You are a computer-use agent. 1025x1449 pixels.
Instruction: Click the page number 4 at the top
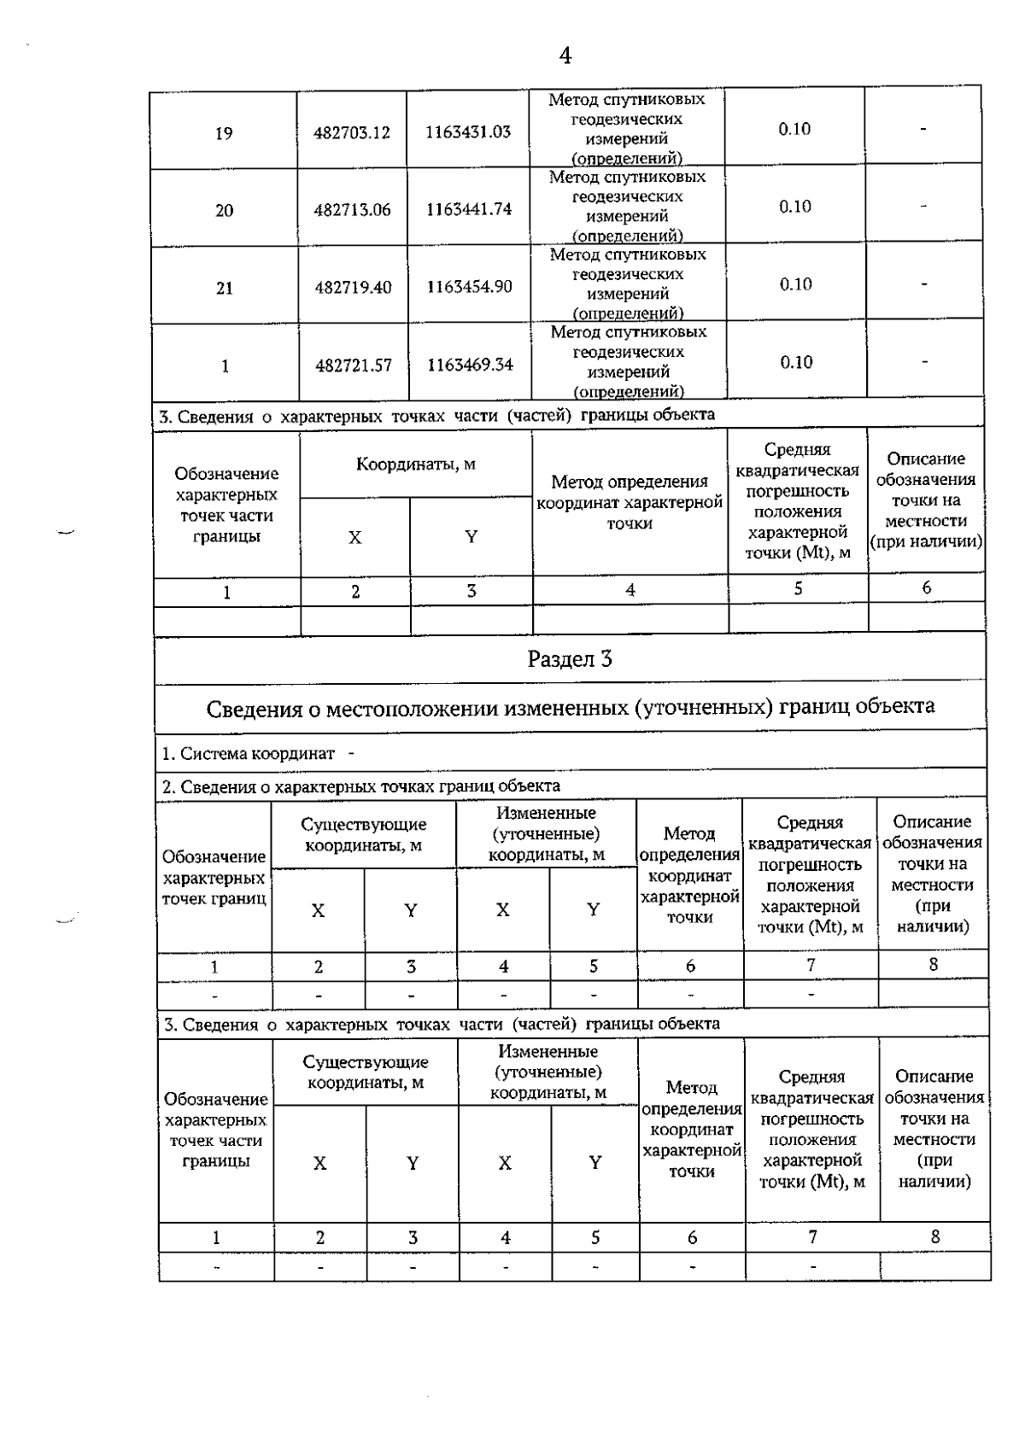[565, 56]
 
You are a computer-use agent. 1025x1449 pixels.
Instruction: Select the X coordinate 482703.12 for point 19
[352, 133]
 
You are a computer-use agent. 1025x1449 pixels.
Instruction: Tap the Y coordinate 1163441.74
[469, 209]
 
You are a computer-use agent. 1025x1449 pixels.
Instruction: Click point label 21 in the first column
[224, 289]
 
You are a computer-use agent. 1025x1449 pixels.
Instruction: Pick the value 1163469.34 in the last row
[471, 365]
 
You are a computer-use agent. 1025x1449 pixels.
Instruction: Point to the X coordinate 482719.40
[353, 288]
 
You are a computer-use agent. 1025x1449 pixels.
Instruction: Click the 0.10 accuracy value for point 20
[794, 207]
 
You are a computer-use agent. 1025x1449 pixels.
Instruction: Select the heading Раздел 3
[570, 659]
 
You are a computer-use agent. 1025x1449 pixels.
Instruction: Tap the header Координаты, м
[415, 464]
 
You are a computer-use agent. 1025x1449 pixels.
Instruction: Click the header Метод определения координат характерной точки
[630, 503]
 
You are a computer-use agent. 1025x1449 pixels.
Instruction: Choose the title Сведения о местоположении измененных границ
[570, 707]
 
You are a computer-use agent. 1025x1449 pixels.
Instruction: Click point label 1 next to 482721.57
[225, 366]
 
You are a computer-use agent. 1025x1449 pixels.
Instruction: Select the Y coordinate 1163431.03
[468, 132]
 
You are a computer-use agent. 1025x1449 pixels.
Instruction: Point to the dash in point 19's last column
[923, 130]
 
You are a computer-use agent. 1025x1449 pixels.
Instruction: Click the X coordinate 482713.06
[352, 210]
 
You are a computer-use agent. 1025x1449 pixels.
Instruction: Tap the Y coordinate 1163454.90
[470, 287]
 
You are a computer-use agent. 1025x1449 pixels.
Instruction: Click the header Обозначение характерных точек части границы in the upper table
[226, 505]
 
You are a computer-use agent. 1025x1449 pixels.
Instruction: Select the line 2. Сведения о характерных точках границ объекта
[361, 786]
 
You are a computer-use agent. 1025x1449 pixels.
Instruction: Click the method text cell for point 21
[628, 284]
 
